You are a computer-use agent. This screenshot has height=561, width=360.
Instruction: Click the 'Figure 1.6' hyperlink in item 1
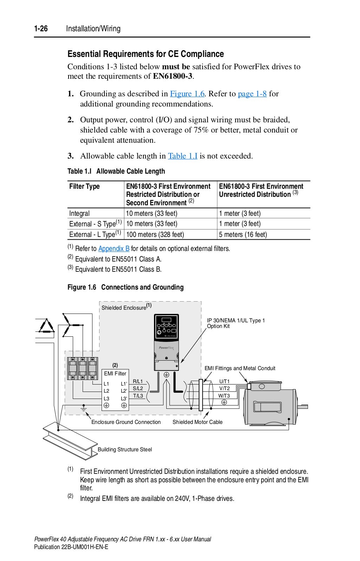[187, 94]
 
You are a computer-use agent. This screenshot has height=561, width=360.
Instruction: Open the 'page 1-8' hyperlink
[252, 94]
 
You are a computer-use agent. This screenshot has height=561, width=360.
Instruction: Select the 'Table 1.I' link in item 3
[182, 156]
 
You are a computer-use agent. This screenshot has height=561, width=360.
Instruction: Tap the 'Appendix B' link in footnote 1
[114, 249]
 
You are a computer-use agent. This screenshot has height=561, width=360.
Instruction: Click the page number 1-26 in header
[41, 29]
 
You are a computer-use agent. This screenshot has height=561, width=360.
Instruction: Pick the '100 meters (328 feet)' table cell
[155, 234]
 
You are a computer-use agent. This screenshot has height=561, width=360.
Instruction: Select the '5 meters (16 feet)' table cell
[243, 234]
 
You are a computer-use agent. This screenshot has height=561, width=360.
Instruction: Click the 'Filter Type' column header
[84, 187]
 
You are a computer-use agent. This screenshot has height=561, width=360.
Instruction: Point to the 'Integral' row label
[79, 213]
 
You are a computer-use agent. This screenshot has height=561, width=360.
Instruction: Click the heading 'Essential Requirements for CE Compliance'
[146, 54]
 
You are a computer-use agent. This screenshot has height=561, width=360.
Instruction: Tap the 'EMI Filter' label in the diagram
[115, 374]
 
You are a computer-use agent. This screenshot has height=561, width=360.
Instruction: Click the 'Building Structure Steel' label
[125, 450]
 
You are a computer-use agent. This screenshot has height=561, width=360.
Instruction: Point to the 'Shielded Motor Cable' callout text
[197, 422]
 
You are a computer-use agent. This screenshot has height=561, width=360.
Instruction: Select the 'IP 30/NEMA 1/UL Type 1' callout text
[236, 321]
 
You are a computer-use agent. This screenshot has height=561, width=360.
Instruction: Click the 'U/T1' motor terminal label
[224, 381]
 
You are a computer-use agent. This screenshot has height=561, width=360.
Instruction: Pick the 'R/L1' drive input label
[138, 381]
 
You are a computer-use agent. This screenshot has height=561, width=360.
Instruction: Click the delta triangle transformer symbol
[46, 326]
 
